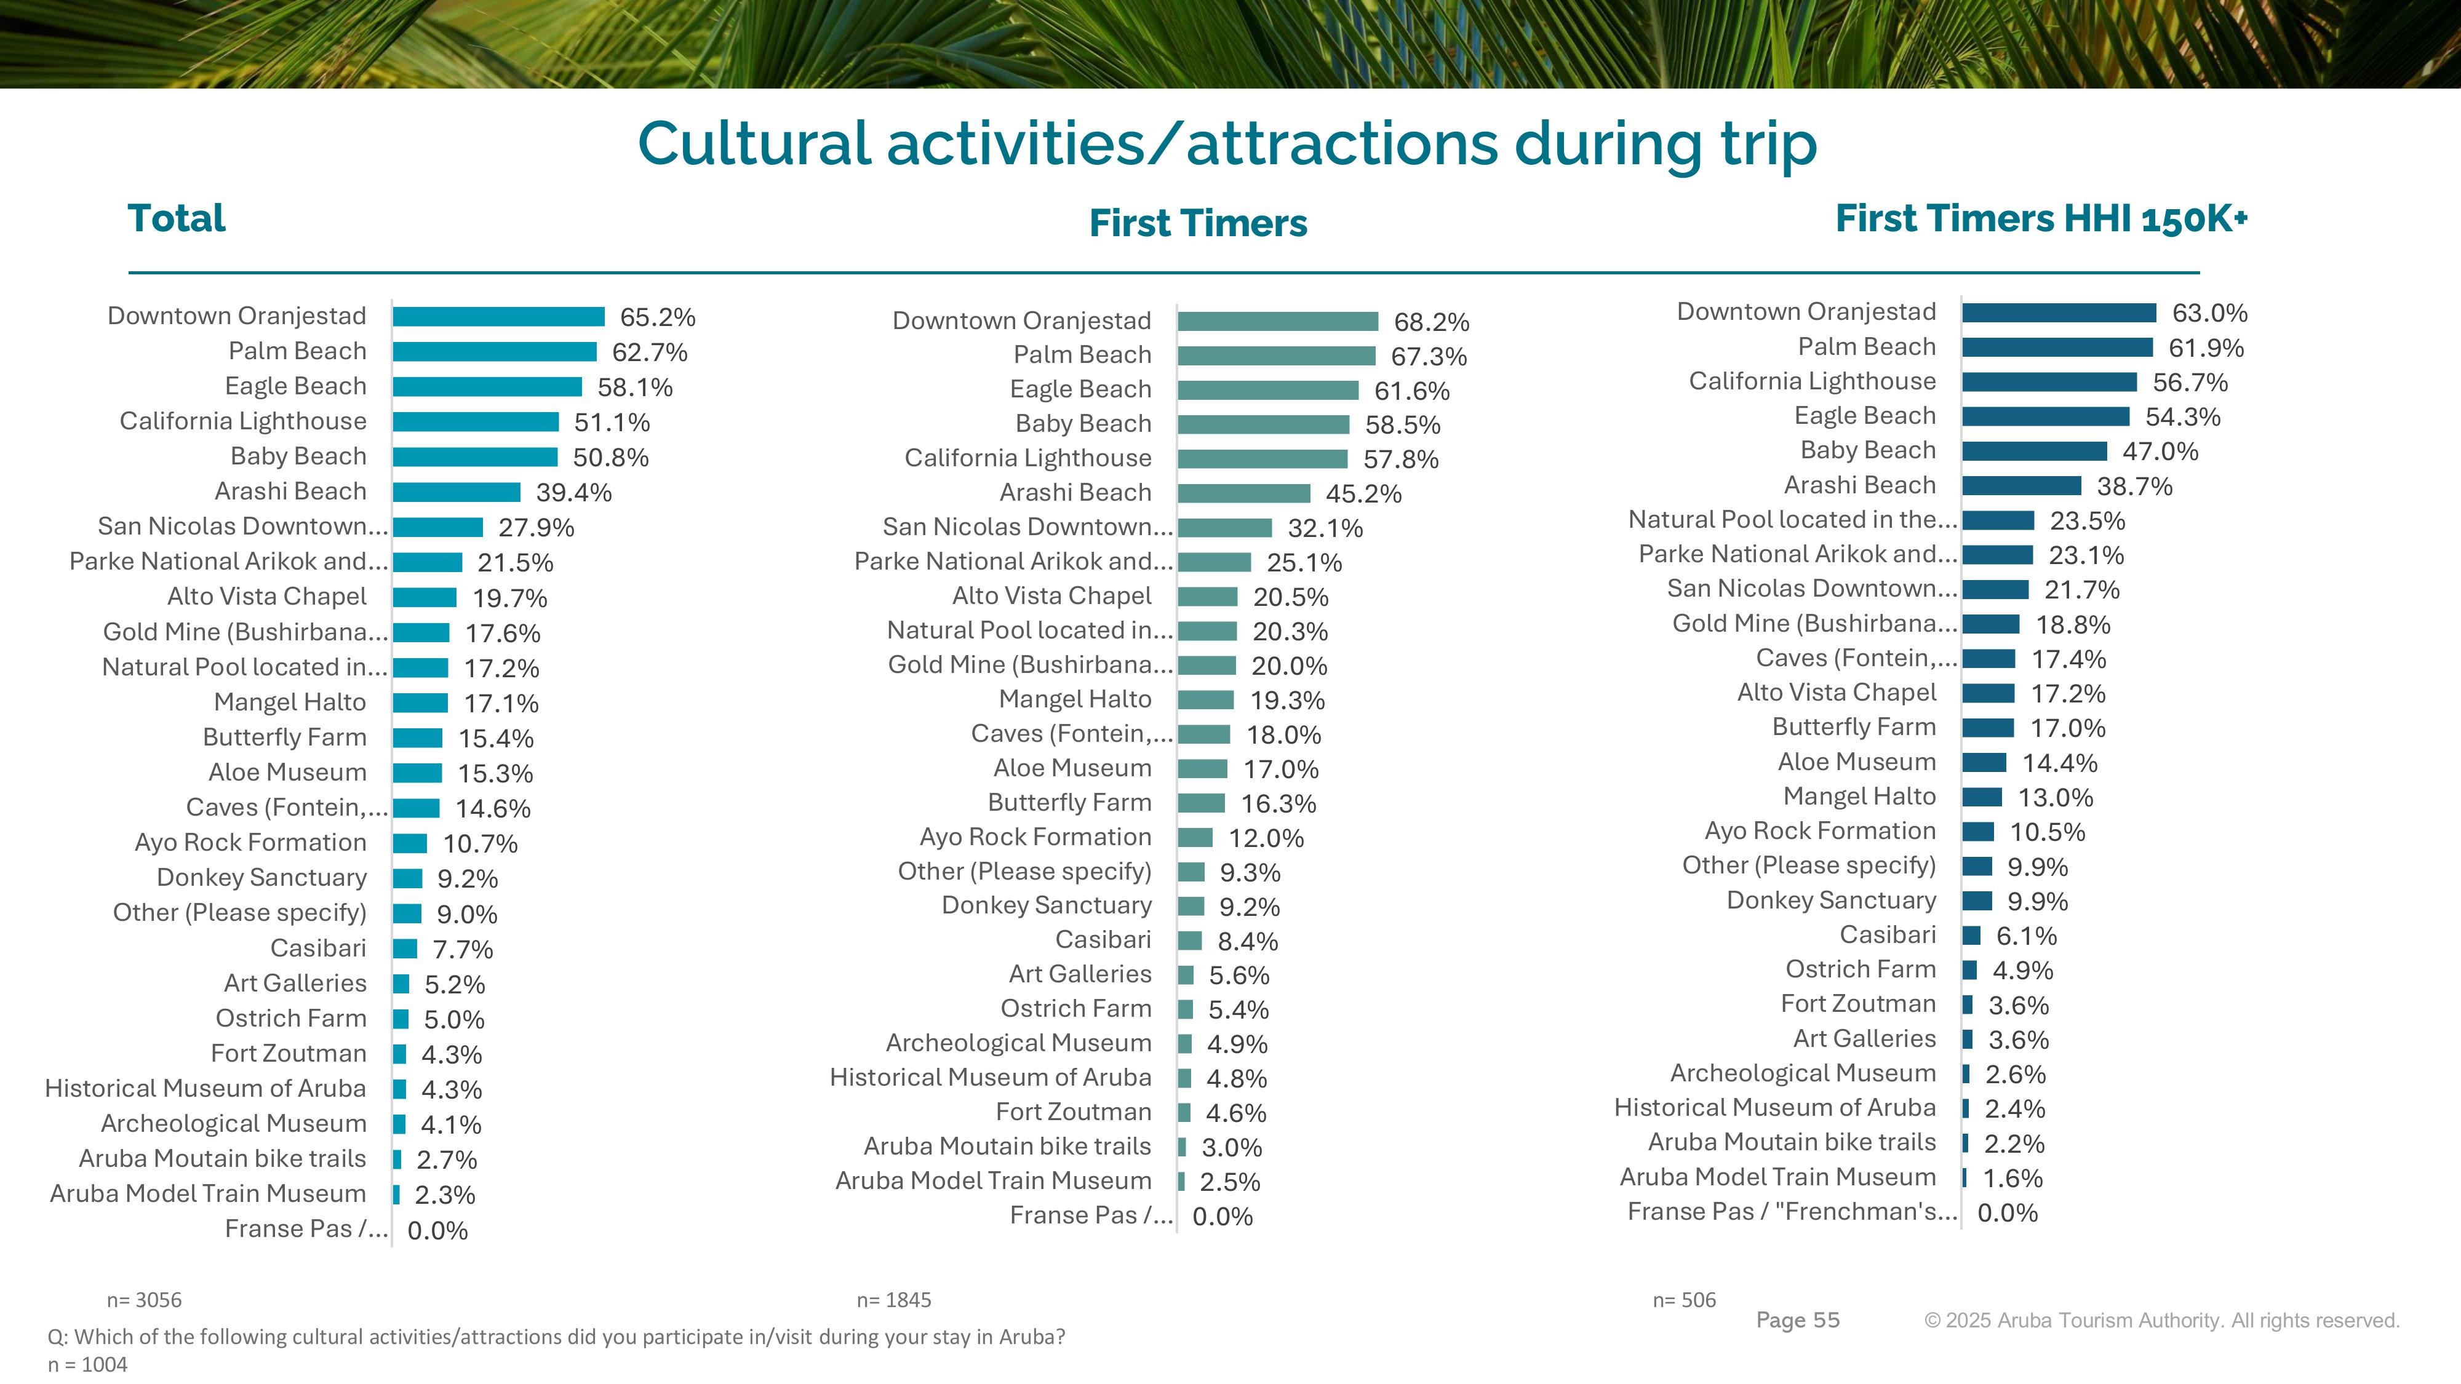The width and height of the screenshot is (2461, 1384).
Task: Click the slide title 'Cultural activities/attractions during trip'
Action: pos(1227,144)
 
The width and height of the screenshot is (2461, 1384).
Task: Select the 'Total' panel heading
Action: pos(177,219)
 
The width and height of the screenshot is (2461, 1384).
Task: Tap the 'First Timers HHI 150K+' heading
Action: pos(2041,219)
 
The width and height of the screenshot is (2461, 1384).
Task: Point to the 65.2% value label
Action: pos(657,317)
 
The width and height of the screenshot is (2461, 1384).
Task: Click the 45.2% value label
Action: pos(1363,494)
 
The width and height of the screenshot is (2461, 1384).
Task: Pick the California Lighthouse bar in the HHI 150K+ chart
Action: pos(2049,382)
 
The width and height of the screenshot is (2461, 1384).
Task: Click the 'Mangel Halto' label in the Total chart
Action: pos(289,702)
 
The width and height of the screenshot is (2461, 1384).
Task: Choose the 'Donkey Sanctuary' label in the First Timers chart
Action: pos(1046,905)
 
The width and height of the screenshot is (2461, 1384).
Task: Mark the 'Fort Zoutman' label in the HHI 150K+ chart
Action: pos(1858,1004)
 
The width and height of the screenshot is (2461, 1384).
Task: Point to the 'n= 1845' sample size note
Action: pos(893,1300)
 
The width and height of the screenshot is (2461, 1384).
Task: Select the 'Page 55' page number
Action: pos(1797,1320)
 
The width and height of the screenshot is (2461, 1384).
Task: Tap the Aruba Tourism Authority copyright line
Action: pos(2161,1320)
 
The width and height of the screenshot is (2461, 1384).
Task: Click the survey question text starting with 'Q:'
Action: pos(556,1336)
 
